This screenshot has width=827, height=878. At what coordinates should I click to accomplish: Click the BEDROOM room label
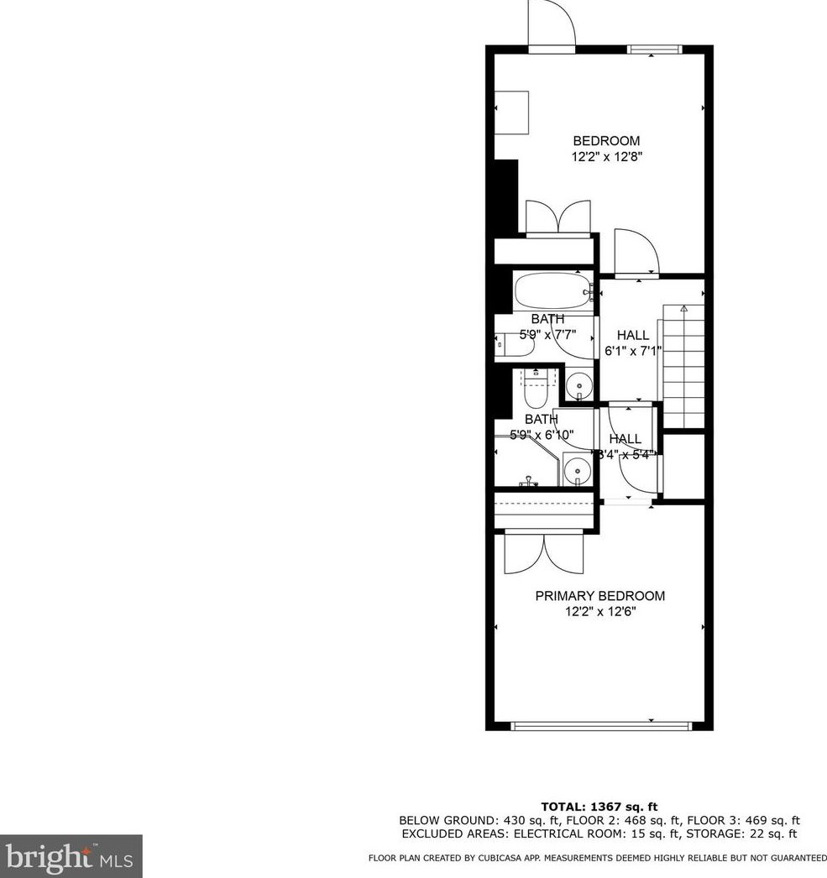point(606,141)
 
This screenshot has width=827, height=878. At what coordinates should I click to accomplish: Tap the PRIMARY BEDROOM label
point(599,596)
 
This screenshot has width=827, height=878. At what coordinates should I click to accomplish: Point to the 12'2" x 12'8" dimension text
point(606,156)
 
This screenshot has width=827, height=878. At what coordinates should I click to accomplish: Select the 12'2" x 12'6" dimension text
point(599,612)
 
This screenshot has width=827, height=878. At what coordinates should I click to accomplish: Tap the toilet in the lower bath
point(535,390)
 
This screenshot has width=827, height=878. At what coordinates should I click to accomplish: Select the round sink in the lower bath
point(576,469)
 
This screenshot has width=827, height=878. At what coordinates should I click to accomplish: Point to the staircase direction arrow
point(683,309)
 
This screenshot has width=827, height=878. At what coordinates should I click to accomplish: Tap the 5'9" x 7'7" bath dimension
point(547,334)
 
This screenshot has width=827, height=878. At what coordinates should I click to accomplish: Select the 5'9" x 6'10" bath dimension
point(542,435)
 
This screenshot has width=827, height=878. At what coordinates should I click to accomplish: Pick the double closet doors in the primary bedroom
point(544,553)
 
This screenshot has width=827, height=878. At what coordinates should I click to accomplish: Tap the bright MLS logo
point(71,857)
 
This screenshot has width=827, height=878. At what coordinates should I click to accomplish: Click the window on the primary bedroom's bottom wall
point(601,726)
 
